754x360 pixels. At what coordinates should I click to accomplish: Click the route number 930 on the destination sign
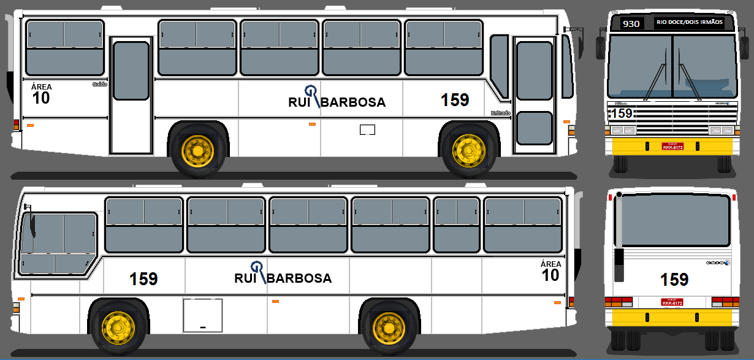pos(631,24)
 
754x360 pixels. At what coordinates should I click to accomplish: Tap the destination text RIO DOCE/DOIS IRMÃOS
pos(690,22)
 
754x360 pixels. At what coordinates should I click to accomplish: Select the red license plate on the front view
pos(672,147)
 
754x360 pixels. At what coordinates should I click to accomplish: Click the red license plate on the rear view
pos(671,302)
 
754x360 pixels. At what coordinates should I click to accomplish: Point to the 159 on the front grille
pos(622,113)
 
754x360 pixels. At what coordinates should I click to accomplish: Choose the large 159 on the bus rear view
pos(674,280)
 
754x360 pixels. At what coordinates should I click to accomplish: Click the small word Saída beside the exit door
pos(99,85)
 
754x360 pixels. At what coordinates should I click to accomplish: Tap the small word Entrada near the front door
pos(500,113)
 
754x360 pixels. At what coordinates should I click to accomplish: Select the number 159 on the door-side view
pos(455,100)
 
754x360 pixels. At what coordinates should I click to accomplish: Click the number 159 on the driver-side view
pos(143,279)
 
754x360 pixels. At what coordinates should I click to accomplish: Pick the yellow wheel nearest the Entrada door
pos(468,151)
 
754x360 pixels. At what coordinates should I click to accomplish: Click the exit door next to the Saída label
pos(131,95)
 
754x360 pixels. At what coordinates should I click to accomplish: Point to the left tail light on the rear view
pos(619,301)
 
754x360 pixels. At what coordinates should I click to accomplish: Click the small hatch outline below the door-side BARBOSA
pos(367,129)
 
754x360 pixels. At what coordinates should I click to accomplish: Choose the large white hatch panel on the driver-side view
pos(202,315)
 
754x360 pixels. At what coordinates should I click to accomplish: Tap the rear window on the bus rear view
pos(674,220)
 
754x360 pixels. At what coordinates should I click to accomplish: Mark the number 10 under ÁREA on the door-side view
pos(42,98)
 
